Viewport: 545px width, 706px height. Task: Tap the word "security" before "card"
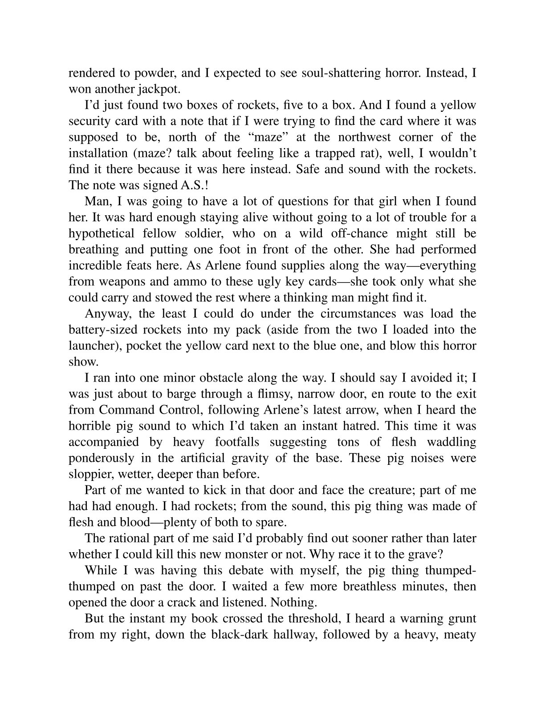click(88, 121)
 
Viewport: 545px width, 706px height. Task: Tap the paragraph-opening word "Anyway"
click(107, 313)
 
